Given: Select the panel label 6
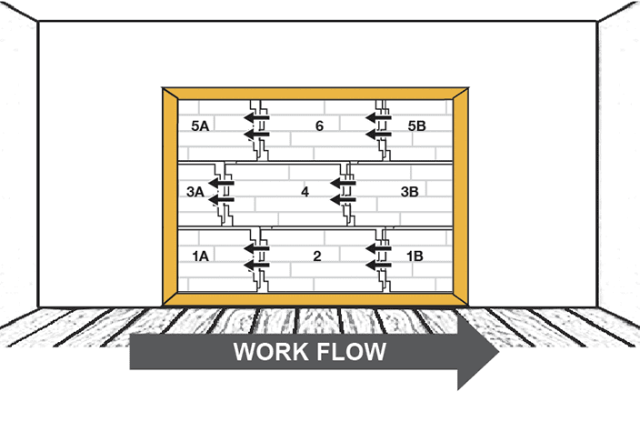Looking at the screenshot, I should coord(318,126).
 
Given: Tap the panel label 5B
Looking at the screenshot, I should coord(416,126).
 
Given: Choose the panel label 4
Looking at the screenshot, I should coord(305,192).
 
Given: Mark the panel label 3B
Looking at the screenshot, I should coord(410,192).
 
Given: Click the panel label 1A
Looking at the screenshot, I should coord(201,256).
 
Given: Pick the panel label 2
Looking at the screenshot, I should coord(316,256).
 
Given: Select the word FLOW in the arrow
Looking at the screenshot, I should coord(358,351).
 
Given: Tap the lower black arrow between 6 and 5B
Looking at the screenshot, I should coord(377,134).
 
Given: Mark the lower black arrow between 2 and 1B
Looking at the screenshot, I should coord(377,265).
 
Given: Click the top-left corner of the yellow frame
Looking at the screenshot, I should coord(165,89).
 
